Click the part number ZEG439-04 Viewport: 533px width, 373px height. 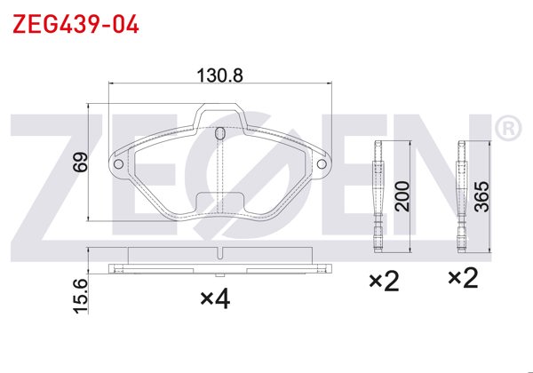(76, 23)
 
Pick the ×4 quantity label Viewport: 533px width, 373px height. (215, 300)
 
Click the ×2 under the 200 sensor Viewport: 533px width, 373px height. (385, 281)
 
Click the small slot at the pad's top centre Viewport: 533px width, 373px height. (219, 134)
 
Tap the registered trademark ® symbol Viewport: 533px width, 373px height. (507, 130)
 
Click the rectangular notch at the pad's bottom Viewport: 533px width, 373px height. (219, 200)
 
